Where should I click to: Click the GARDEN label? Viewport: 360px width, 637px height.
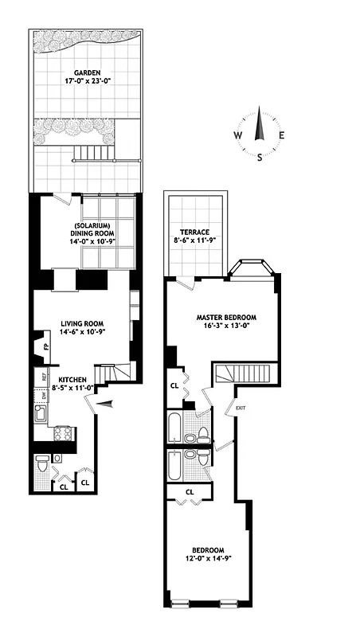(87, 69)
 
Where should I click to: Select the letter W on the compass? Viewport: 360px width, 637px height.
(237, 135)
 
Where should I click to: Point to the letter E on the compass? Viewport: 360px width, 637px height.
(281, 135)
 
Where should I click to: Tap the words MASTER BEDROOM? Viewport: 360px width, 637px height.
(223, 316)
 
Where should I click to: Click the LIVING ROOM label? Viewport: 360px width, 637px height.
(83, 324)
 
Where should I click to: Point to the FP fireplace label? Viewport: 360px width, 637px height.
(46, 347)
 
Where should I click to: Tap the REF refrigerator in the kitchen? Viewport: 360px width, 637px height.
(43, 377)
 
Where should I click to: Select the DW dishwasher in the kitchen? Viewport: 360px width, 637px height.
(43, 396)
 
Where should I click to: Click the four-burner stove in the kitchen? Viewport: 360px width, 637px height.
(62, 434)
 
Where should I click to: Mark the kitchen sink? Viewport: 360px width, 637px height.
(41, 414)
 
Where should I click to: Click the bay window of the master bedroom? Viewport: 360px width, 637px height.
(252, 269)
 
